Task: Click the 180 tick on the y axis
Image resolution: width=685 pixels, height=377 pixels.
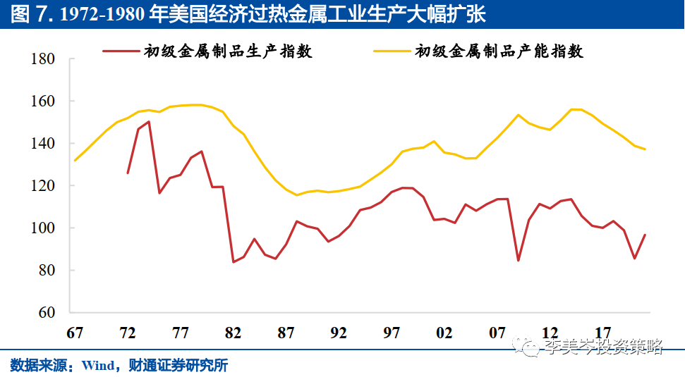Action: pyautogui.click(x=44, y=59)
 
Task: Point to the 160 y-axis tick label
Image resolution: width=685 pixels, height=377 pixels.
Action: pyautogui.click(x=44, y=101)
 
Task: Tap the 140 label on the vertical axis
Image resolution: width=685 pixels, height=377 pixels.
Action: pyautogui.click(x=44, y=144)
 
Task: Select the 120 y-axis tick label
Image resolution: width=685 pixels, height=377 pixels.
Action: pyautogui.click(x=44, y=186)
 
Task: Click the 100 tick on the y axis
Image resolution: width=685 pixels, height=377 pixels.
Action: pyautogui.click(x=44, y=228)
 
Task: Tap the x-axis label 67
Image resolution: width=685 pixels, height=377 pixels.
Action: pyautogui.click(x=75, y=333)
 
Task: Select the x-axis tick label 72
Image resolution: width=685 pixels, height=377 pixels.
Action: pyautogui.click(x=128, y=333)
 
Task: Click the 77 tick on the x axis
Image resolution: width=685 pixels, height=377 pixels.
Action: pyautogui.click(x=181, y=333)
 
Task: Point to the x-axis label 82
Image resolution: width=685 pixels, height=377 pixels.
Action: pyautogui.click(x=234, y=333)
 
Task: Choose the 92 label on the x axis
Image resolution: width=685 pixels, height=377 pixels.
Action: pyautogui.click(x=339, y=333)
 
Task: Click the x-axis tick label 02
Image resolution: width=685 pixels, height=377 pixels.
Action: pyautogui.click(x=444, y=333)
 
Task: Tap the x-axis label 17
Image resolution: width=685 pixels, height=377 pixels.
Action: pyautogui.click(x=603, y=333)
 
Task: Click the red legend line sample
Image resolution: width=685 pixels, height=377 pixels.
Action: pyautogui.click(x=120, y=51)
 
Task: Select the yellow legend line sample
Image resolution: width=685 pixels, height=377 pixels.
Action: pyautogui.click(x=392, y=51)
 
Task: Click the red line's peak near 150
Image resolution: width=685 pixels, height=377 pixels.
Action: pyautogui.click(x=149, y=122)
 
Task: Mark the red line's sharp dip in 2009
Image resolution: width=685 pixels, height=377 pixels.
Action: pyautogui.click(x=519, y=261)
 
